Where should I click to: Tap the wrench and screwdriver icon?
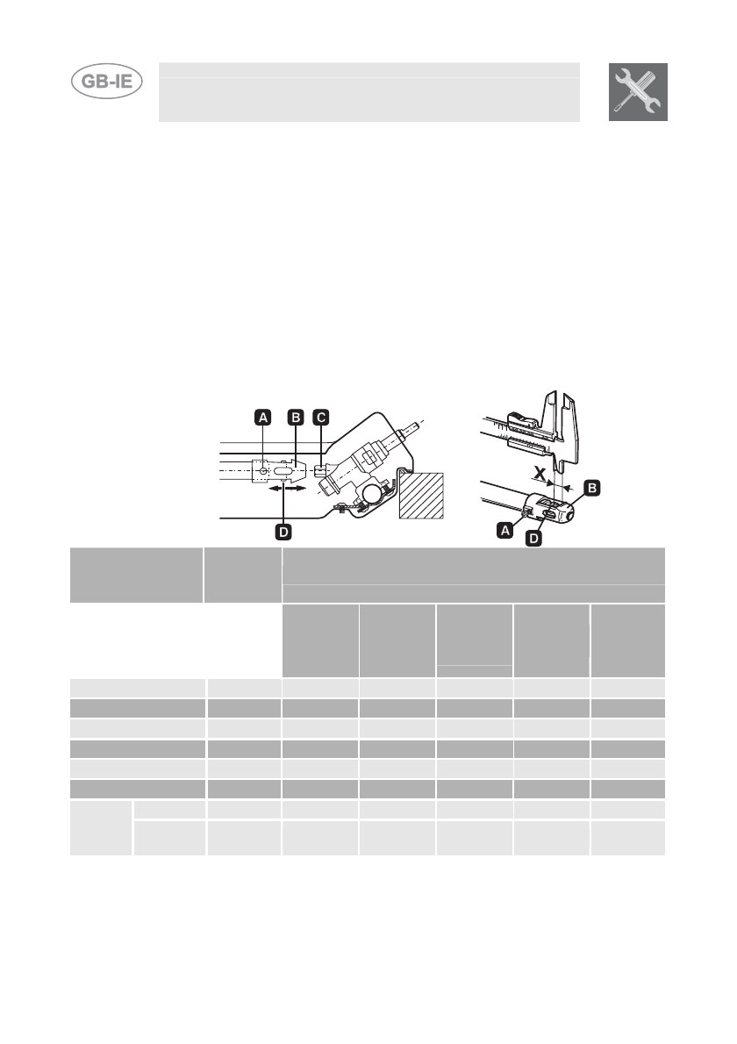(638, 92)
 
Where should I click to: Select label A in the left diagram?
(262, 418)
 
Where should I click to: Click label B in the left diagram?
(296, 418)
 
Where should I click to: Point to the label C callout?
(322, 418)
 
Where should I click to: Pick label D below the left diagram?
(283, 531)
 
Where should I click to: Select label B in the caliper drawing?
(592, 485)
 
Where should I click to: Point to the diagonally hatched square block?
(422, 496)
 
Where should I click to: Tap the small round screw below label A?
(263, 471)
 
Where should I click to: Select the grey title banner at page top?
(368, 92)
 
